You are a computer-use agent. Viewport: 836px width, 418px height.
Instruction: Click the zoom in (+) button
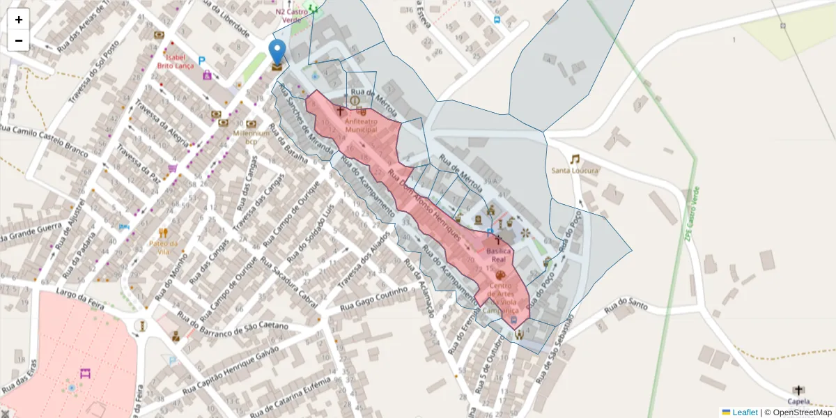coord(19,20)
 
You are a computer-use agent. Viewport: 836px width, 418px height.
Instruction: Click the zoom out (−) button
coord(19,40)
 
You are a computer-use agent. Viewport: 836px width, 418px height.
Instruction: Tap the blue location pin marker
coord(277,53)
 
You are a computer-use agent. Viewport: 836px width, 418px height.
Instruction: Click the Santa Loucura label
coord(575,171)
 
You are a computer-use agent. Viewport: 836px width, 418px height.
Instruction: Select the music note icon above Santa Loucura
coord(575,159)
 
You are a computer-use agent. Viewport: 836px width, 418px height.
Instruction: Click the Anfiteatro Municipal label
coord(361,125)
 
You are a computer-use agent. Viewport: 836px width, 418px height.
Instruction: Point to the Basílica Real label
coord(499,254)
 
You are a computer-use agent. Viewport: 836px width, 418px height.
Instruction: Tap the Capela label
coord(798,401)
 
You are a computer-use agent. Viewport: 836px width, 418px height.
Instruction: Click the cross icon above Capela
coord(798,390)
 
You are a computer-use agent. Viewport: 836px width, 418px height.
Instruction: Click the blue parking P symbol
coord(202,61)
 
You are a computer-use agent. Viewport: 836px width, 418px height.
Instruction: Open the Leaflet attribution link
coord(745,412)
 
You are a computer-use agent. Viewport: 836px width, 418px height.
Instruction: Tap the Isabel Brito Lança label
coord(175,61)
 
